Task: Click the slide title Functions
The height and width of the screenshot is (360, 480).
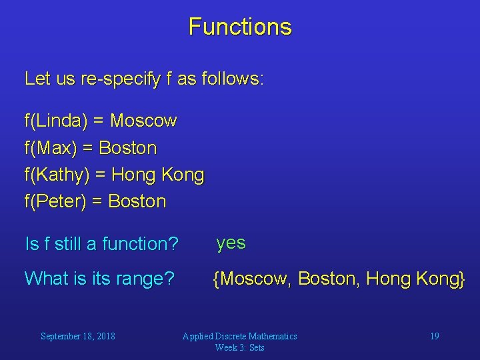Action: click(x=240, y=27)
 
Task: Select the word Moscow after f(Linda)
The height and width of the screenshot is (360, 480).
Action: click(x=143, y=121)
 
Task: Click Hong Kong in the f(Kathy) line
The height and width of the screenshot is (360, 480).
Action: click(x=158, y=175)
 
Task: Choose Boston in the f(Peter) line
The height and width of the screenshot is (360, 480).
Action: click(x=137, y=201)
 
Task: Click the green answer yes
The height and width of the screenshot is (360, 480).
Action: click(x=231, y=243)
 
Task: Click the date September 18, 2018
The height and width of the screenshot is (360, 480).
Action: click(x=77, y=336)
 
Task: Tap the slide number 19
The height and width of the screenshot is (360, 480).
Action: click(x=434, y=336)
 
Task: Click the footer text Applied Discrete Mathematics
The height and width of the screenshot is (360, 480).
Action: click(x=240, y=336)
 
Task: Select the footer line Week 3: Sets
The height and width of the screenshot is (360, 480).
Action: click(x=240, y=347)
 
